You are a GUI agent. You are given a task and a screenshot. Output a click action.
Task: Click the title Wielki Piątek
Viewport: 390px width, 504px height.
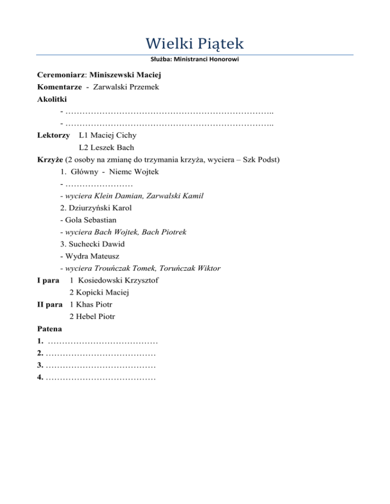194,40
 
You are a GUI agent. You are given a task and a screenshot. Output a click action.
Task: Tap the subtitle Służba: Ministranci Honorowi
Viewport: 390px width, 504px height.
194,59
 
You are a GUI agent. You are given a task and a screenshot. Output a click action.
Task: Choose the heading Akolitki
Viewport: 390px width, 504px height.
52,99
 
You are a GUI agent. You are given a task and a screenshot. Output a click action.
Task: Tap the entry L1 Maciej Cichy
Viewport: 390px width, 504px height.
107,135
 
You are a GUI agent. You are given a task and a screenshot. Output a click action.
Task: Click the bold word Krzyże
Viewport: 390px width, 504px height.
49,160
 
